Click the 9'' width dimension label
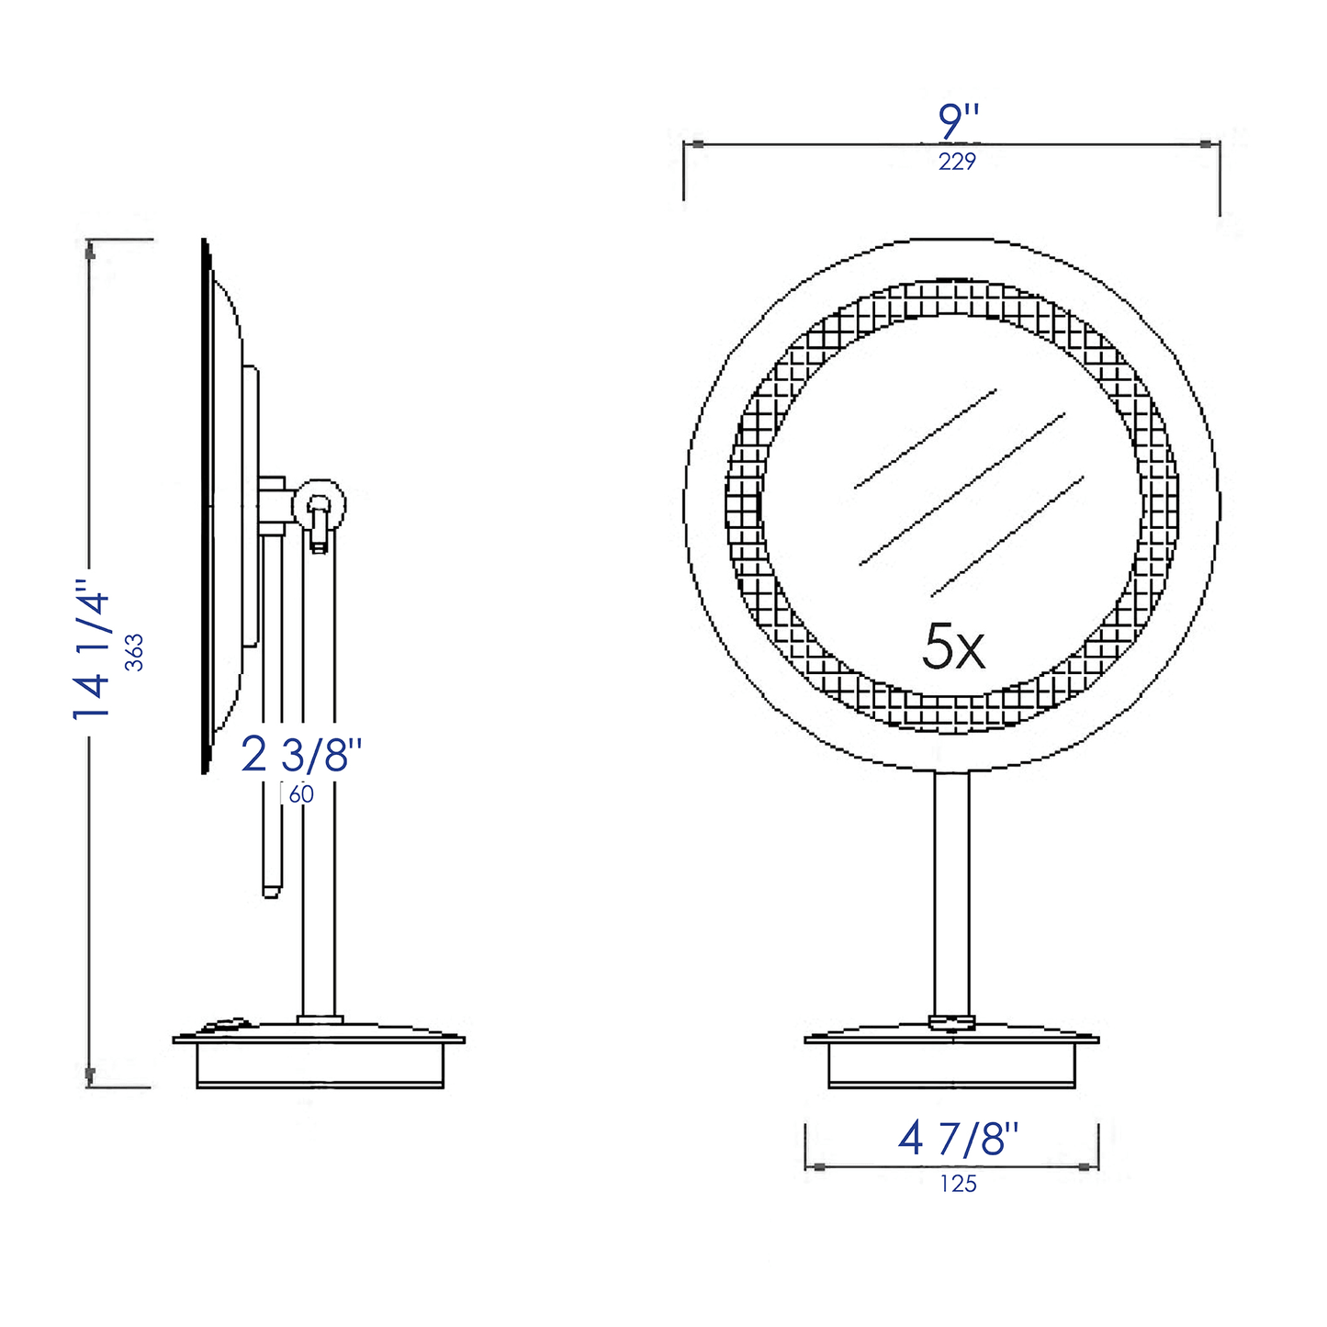959,121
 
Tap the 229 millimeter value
957,163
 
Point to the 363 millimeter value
135,652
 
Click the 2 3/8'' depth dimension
301,755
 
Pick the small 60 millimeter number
301,795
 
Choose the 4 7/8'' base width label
958,1140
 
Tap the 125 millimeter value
958,1185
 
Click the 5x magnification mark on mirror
953,647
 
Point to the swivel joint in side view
319,505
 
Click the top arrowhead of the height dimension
89,250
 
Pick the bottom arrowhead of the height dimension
89,1074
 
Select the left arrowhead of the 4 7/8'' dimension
816,1167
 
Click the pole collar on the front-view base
951,1021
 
